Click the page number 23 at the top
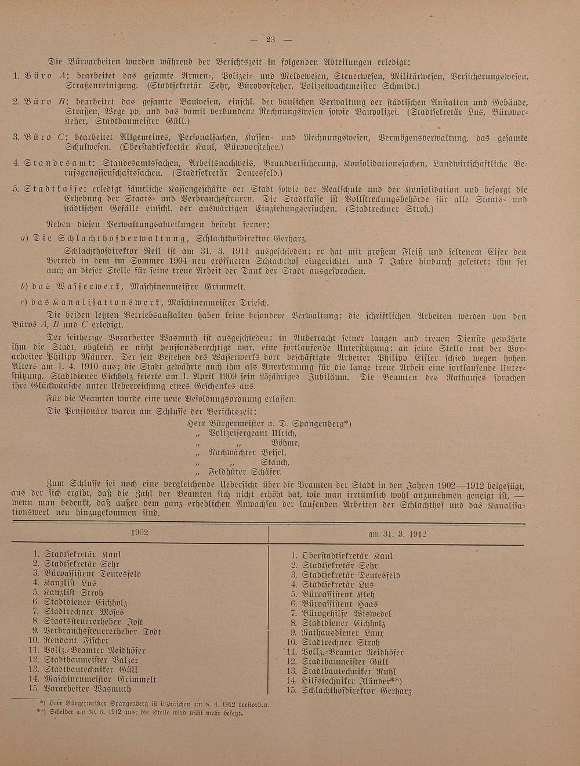point(270,39)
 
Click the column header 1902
point(139,532)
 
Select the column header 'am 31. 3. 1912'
point(397,533)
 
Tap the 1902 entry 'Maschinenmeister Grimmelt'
point(97,679)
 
